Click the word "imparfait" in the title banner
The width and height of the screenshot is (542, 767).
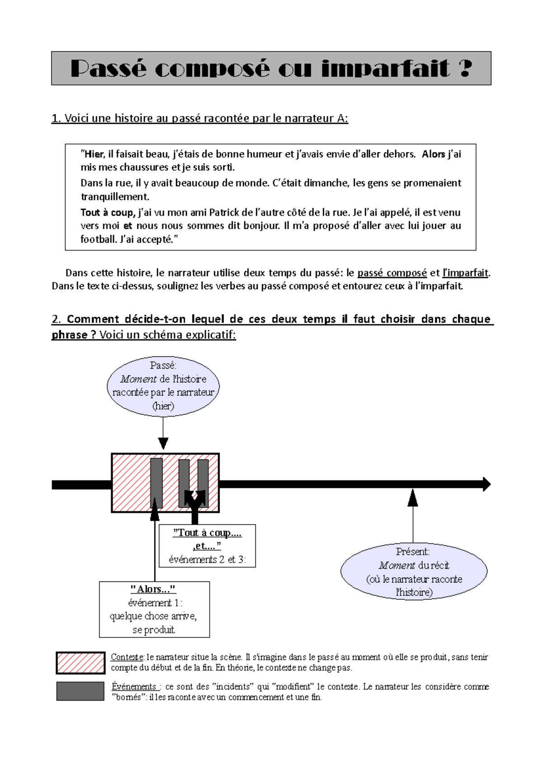coord(385,69)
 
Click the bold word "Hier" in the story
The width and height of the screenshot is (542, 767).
coord(94,154)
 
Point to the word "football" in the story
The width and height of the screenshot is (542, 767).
coord(98,239)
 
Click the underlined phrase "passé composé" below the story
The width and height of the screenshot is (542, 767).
coord(392,273)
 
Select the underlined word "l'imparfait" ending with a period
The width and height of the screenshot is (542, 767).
coord(465,273)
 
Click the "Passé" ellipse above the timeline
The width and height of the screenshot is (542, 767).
coord(163,386)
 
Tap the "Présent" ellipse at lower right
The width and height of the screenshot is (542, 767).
coord(413,571)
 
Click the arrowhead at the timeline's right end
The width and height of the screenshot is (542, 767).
coord(486,484)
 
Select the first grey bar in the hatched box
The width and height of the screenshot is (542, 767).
coord(156,483)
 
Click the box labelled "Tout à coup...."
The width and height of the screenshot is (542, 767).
coord(207,546)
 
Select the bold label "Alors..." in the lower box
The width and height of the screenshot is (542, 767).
coord(153,589)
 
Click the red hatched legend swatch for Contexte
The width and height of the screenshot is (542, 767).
coord(80,663)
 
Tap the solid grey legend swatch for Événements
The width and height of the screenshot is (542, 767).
coord(80,691)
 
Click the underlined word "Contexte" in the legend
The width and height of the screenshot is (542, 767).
coord(127,657)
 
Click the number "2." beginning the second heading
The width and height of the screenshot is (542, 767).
coord(56,319)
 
